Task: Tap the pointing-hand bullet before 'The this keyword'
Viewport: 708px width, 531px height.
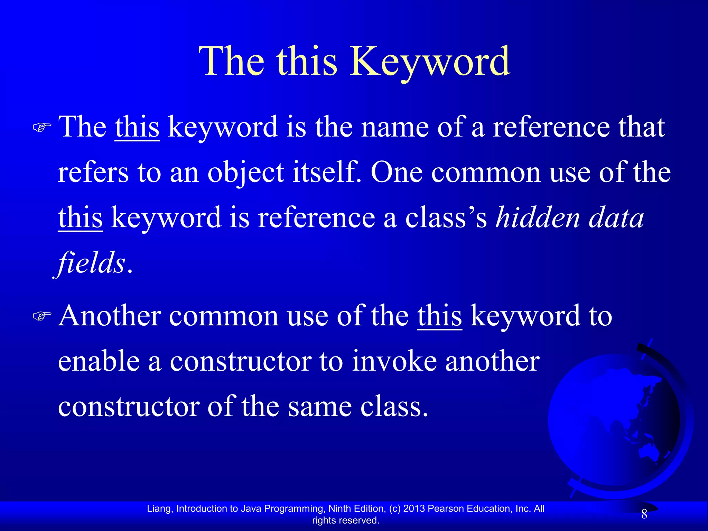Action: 42,128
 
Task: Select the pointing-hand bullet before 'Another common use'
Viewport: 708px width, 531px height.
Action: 42,316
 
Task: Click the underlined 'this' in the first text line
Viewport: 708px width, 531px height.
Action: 137,127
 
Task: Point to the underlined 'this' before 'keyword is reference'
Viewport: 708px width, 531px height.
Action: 80,218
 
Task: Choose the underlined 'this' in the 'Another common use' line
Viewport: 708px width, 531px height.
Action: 439,316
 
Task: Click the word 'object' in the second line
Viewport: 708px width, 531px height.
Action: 245,173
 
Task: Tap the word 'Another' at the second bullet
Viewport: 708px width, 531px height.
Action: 110,316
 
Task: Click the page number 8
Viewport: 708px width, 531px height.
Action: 644,514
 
